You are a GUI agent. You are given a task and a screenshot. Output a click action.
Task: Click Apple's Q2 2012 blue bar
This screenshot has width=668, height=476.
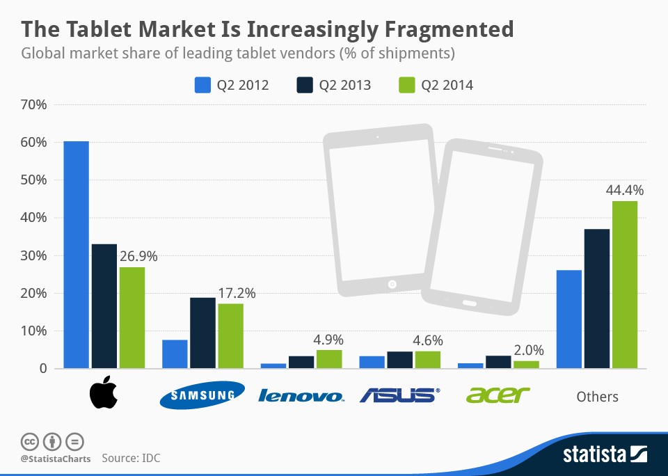pyautogui.click(x=76, y=255)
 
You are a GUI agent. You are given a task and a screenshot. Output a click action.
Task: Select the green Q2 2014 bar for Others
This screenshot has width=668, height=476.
pyautogui.click(x=625, y=285)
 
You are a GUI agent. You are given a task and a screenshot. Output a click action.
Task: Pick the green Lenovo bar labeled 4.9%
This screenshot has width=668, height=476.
pyautogui.click(x=329, y=359)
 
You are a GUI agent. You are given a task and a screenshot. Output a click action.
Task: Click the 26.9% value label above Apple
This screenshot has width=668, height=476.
pyautogui.click(x=138, y=256)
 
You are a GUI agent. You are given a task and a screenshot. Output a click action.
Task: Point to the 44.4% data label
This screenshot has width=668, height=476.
pyautogui.click(x=625, y=190)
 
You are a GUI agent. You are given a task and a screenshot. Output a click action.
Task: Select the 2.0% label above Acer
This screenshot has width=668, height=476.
pyautogui.click(x=527, y=350)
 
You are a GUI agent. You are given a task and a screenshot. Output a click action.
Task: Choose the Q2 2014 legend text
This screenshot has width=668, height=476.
pyautogui.click(x=446, y=85)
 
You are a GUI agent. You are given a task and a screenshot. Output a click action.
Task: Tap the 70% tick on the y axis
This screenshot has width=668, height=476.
pyautogui.click(x=34, y=105)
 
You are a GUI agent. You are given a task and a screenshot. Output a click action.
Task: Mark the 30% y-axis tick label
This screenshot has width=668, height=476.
pyautogui.click(x=34, y=255)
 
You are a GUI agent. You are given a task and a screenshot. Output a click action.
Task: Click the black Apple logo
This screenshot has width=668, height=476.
pyautogui.click(x=104, y=394)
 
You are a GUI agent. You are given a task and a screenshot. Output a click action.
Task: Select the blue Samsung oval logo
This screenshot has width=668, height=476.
pyautogui.click(x=202, y=395)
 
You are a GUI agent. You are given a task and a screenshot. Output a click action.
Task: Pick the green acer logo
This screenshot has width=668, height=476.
pyautogui.click(x=498, y=395)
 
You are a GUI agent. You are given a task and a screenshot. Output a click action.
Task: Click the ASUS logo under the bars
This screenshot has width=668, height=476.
pyautogui.click(x=399, y=395)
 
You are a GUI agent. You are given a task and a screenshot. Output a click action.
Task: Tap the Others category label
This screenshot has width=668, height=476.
pyautogui.click(x=597, y=396)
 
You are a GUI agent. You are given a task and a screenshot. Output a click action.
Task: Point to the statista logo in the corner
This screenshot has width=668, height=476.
pyautogui.click(x=605, y=455)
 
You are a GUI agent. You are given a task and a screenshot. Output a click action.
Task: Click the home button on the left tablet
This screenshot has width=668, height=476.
pyautogui.click(x=392, y=284)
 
